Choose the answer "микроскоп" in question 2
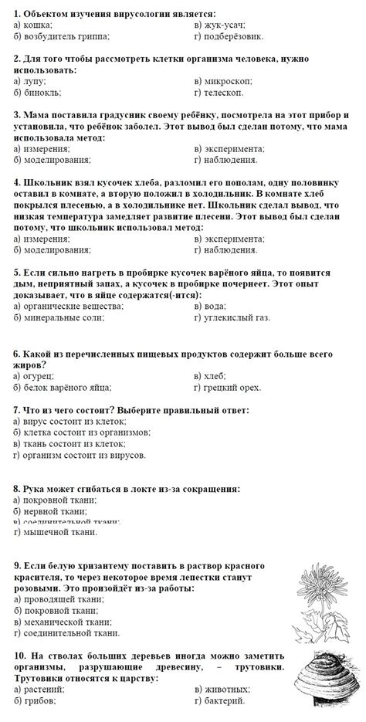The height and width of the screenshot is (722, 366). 227,80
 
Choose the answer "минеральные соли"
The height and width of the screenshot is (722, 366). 61,317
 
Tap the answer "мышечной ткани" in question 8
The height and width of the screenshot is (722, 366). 58,531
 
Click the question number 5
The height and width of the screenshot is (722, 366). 16,273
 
